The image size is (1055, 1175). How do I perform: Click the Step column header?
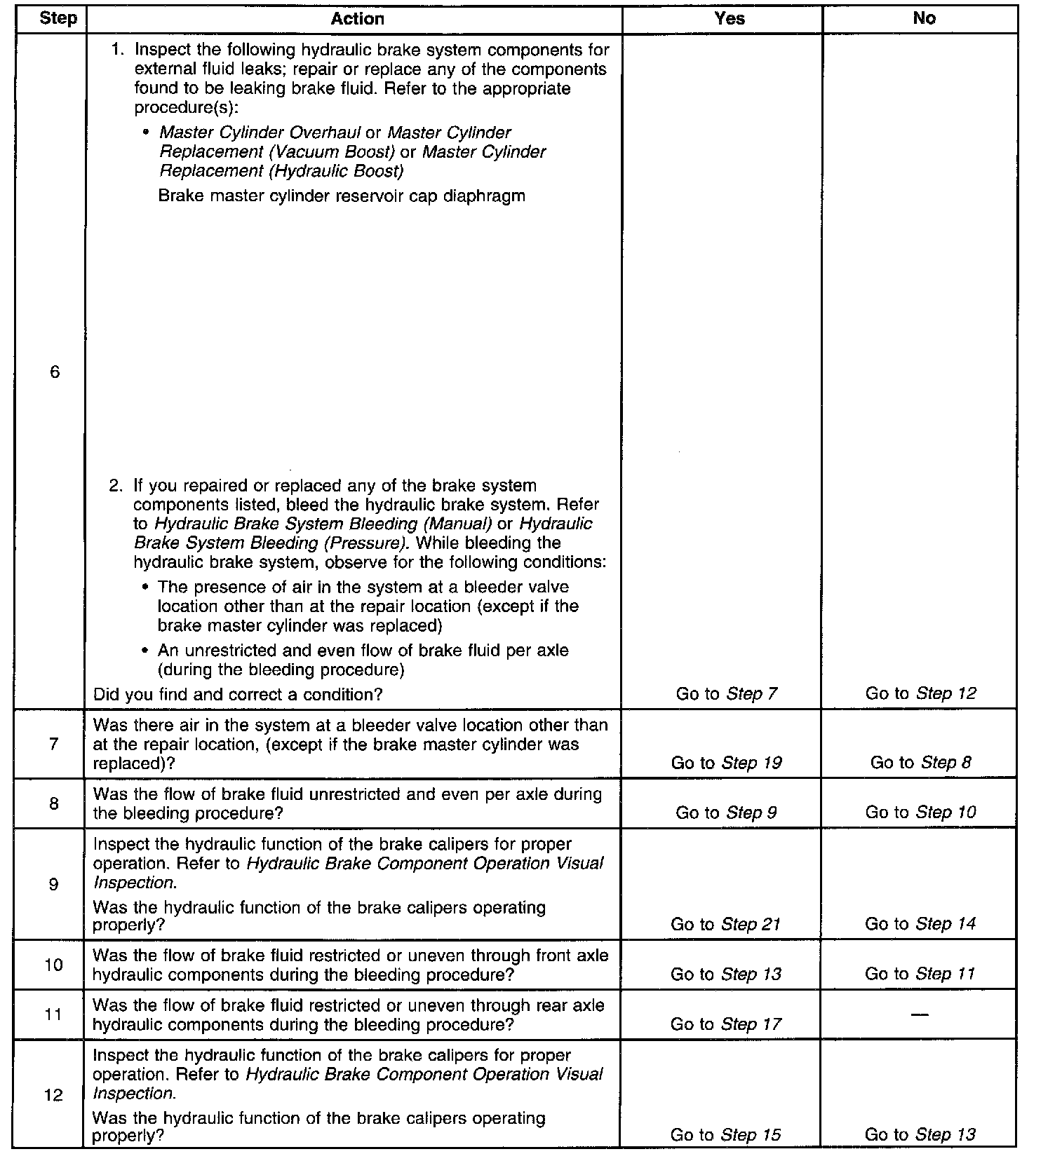point(58,19)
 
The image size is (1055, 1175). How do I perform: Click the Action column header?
point(357,19)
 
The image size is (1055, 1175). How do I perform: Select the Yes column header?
point(729,19)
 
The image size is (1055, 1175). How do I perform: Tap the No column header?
point(924,19)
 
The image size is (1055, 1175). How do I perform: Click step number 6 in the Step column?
point(55,372)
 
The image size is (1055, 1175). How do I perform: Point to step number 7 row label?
point(54,744)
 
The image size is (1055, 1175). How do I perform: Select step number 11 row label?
point(54,1014)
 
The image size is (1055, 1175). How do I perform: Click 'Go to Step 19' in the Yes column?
point(726,763)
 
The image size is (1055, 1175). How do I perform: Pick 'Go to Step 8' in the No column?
point(920,763)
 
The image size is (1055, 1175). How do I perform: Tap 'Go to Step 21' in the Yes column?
point(725,924)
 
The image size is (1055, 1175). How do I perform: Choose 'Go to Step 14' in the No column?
point(920,924)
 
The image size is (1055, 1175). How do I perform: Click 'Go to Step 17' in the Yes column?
point(725,1024)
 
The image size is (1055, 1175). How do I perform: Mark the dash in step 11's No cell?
point(920,1014)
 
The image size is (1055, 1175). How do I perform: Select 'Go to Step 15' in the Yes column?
point(725,1135)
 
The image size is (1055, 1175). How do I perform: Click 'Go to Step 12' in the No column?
point(920,693)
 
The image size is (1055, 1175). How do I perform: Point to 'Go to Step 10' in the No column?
point(920,813)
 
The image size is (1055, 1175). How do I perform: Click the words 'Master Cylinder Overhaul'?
point(260,133)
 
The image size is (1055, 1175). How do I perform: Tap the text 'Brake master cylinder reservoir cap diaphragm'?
point(342,196)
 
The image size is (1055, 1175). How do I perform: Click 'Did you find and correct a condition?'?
point(238,694)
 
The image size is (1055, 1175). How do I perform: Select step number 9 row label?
point(54,884)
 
